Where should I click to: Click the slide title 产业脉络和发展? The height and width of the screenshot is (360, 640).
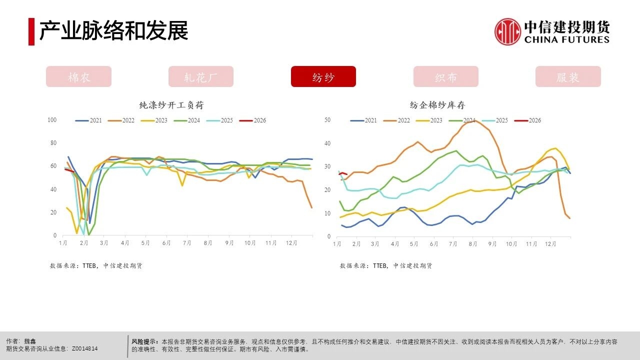tap(113, 31)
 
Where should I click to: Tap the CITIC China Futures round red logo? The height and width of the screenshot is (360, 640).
tap(507, 31)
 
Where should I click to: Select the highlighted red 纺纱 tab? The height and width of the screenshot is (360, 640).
tap(323, 77)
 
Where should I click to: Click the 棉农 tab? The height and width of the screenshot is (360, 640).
tap(78, 77)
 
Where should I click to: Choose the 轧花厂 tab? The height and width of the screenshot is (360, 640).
tap(201, 77)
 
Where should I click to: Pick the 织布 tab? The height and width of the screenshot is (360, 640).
tap(445, 77)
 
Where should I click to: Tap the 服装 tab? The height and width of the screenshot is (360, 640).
tap(568, 77)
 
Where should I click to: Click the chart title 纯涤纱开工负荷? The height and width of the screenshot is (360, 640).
tap(171, 105)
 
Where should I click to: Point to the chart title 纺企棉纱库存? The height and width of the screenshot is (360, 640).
tap(437, 105)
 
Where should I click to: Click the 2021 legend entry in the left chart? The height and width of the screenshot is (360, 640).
tap(89, 120)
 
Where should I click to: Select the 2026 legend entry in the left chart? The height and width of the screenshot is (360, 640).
tap(253, 120)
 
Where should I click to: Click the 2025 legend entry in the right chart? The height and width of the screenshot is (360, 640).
tap(495, 120)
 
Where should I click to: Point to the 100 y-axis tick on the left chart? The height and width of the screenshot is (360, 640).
tap(52, 120)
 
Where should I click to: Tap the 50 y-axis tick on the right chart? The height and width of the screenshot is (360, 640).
tap(327, 120)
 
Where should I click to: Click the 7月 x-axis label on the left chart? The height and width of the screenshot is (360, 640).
tap(187, 243)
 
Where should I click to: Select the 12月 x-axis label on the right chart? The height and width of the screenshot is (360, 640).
tap(550, 244)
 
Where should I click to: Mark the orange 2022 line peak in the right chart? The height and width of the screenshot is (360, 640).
tap(474, 120)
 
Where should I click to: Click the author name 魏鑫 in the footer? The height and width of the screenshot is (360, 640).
tap(30, 341)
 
